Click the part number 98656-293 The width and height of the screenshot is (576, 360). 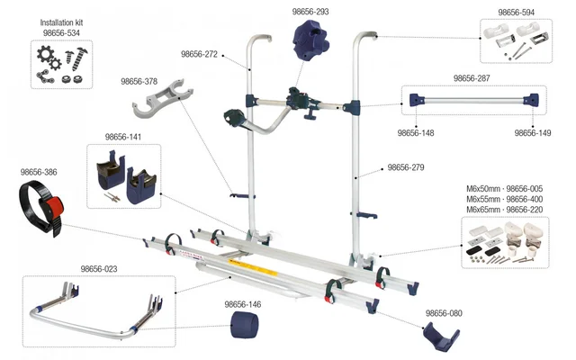click(x=310, y=13)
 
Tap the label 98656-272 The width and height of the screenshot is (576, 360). click(x=200, y=54)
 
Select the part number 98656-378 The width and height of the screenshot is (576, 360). click(x=139, y=81)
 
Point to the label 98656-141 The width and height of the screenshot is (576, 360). click(x=123, y=137)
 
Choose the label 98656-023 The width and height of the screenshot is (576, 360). click(x=100, y=268)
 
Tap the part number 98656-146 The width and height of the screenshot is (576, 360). click(x=244, y=304)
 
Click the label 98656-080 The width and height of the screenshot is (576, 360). click(x=445, y=313)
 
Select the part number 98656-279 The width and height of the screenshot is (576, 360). click(x=405, y=167)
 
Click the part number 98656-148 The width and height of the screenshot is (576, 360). click(x=417, y=132)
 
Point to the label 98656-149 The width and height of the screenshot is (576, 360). click(x=534, y=132)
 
